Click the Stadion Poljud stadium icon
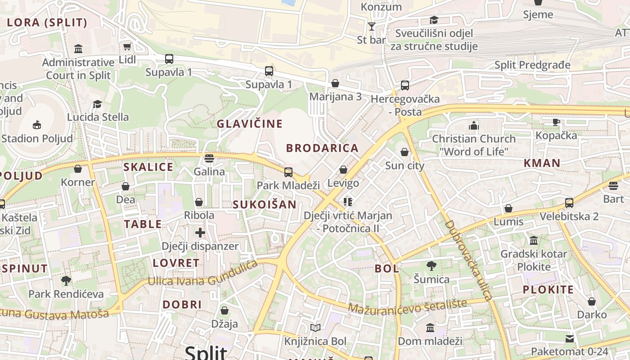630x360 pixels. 37,125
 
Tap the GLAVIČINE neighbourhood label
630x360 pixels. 250,124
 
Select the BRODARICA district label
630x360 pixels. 322,148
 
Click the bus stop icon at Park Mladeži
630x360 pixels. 288,172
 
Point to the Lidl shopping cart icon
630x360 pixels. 127,47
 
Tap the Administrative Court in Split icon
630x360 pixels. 78,49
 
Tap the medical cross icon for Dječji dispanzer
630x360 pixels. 200,233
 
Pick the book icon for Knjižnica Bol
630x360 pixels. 315,328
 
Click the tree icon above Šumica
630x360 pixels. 431,266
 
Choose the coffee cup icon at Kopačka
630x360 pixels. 556,122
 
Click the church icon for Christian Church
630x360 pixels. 474,125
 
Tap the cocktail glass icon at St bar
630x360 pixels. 371,27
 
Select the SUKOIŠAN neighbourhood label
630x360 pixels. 265,205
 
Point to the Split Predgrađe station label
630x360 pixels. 532,65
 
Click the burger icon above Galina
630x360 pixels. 209,158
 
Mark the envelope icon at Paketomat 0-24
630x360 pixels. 570,338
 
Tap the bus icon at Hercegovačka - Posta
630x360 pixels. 405,85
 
